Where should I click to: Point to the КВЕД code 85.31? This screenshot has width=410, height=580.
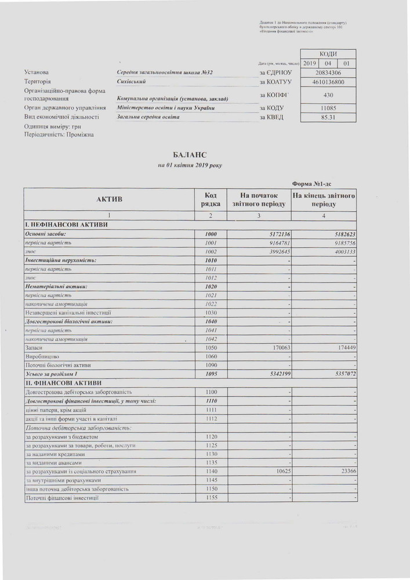pos(328,117)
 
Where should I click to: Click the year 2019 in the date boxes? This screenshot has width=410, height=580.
pos(309,63)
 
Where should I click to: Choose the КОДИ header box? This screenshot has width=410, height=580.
pos(328,53)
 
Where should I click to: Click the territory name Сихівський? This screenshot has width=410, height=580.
pos(130,82)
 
